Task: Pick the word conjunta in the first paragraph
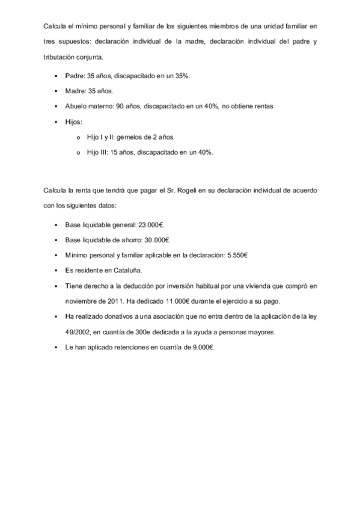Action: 93,58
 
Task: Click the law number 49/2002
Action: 77,331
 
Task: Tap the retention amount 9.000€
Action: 203,347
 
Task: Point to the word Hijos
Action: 73,121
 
